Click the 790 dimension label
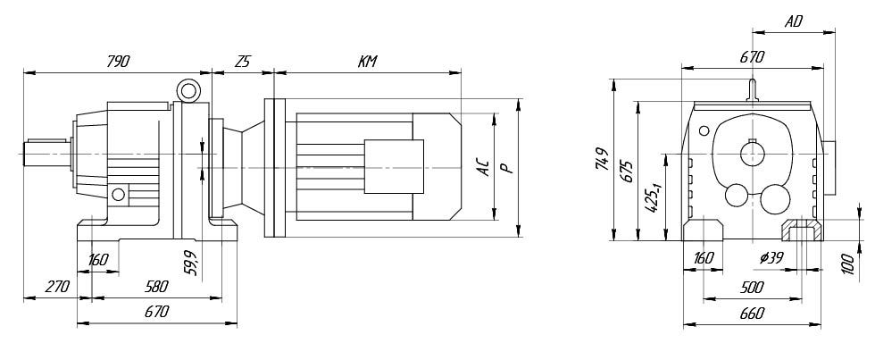118,62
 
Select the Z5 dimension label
242,62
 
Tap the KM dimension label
367,62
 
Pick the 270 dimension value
56,287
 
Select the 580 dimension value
155,287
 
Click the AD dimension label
793,21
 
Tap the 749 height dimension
601,159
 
